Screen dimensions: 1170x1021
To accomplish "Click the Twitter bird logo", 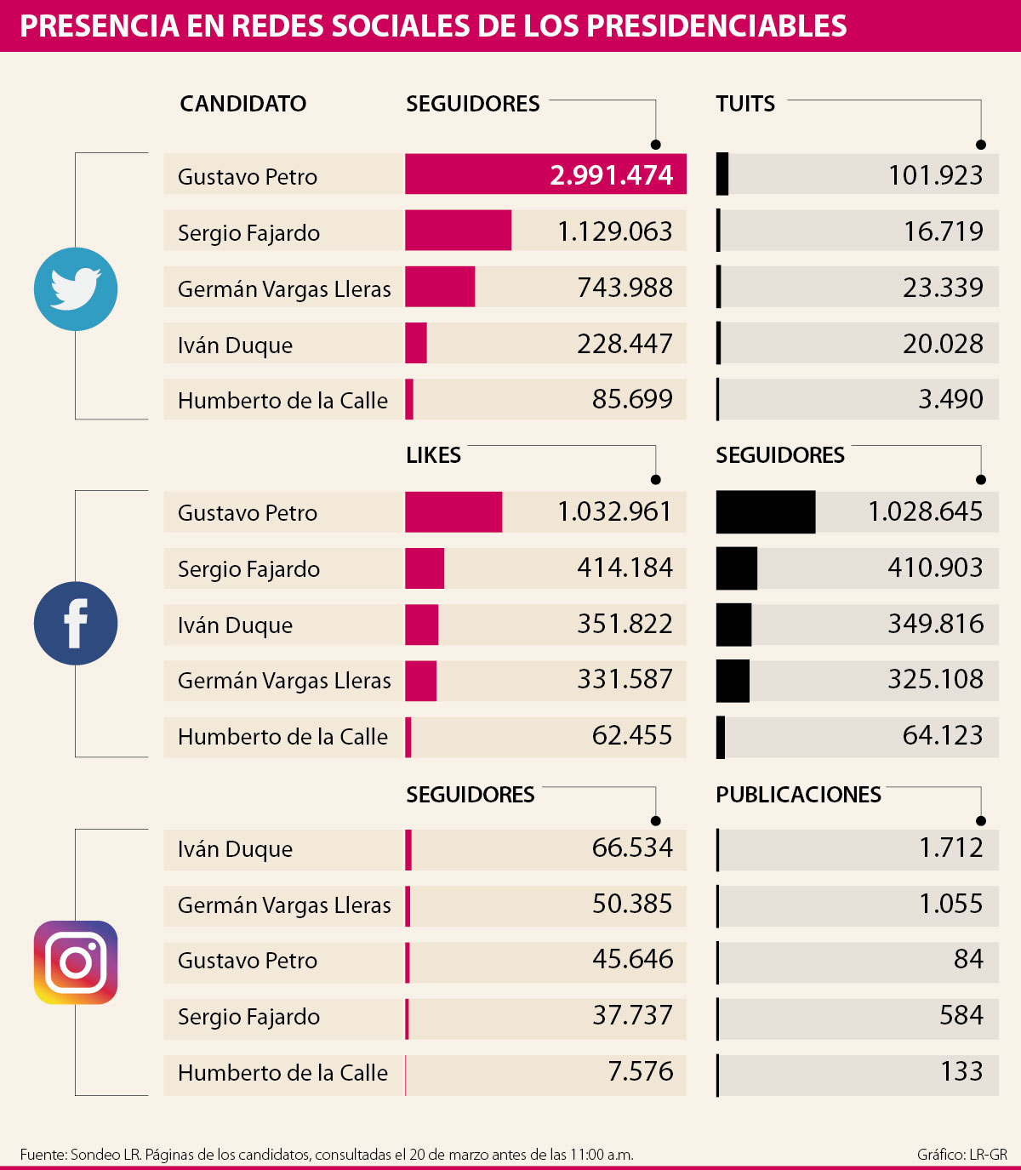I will (76, 288).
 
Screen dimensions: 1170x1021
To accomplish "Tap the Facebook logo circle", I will (76, 623).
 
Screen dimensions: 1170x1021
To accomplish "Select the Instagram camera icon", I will (76, 962).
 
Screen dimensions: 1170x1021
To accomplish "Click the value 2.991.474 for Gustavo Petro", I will (611, 175).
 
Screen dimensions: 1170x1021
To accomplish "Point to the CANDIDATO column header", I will (242, 104).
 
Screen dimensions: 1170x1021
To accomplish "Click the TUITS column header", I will (745, 104).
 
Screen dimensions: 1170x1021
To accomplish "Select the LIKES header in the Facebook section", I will (433, 455).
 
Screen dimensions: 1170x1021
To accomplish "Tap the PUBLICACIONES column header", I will (798, 795).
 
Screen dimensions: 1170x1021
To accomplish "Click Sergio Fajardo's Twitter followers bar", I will (458, 231).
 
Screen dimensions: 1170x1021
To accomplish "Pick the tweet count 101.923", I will (935, 175).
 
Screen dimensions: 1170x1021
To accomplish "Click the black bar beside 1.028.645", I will (765, 512).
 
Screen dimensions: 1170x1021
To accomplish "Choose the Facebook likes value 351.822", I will (625, 624).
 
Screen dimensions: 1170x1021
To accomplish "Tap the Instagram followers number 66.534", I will (632, 848).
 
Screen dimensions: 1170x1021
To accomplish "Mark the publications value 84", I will (968, 960).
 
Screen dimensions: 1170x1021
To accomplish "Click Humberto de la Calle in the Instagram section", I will (282, 1073).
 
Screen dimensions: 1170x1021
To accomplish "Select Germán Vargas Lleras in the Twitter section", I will (284, 289).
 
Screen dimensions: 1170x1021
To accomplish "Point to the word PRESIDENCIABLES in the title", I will (716, 26).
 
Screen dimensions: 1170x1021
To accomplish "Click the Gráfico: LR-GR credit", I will (961, 1155).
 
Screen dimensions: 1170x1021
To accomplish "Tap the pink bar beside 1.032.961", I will (453, 512).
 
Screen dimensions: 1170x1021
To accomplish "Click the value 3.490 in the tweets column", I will (950, 399).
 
